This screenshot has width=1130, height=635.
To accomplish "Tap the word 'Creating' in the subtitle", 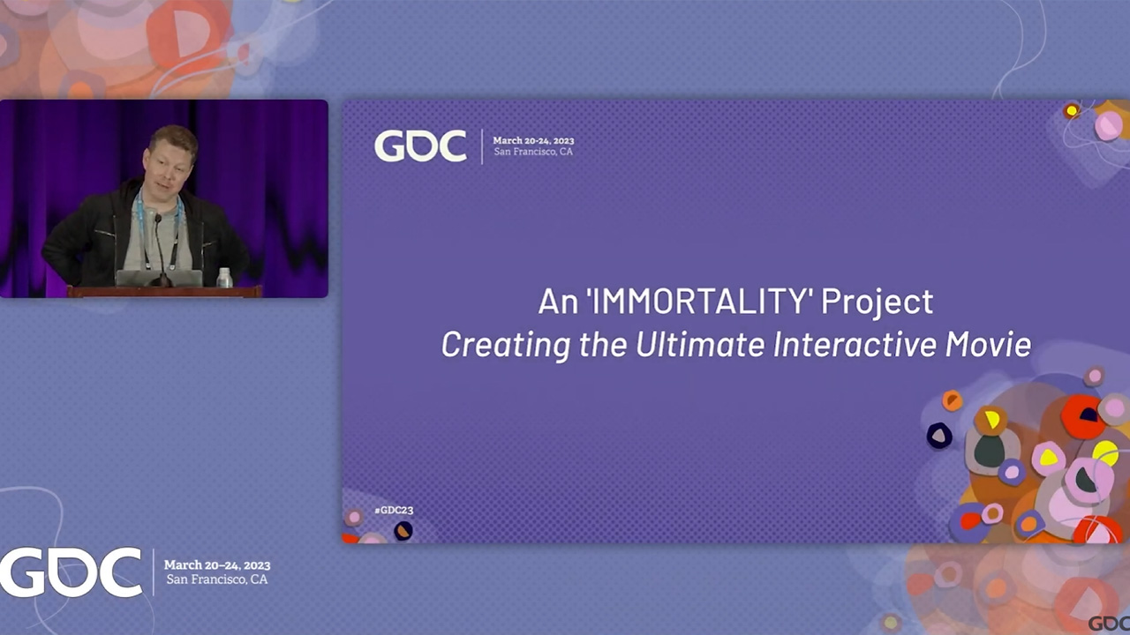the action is coord(506,345).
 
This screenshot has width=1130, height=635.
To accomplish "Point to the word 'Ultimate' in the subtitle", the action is coord(700,344).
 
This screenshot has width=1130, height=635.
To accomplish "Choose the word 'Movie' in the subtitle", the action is coord(988,344).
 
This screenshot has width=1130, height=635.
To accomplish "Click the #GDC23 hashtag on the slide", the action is coord(394,510).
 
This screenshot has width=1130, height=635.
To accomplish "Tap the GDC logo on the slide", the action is coord(420,146).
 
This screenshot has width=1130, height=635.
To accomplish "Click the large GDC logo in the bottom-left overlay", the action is coord(71,572).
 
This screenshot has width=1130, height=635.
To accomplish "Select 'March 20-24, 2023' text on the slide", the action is coord(533,140).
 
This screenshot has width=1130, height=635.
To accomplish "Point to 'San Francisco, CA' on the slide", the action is coord(533,152).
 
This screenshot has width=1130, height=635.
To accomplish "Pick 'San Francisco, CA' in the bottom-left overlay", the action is coord(217,579).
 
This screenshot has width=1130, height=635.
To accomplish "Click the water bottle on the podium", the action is coord(224,278).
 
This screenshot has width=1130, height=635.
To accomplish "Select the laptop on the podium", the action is coord(159,278).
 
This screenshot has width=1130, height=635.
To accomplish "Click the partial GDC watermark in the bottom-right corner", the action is coord(1109,624).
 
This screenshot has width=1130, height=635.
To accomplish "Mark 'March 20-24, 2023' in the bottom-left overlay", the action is coord(217,565).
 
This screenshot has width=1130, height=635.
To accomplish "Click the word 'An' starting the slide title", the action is coord(557,302).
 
